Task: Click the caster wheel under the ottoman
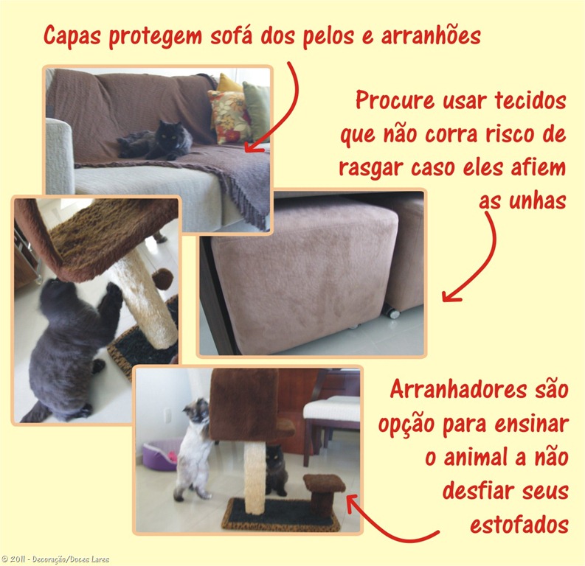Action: [392, 312]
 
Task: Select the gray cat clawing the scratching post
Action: [70, 339]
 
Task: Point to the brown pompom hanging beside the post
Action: [162, 279]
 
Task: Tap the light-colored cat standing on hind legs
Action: [193, 450]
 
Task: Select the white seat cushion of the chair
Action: [331, 408]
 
